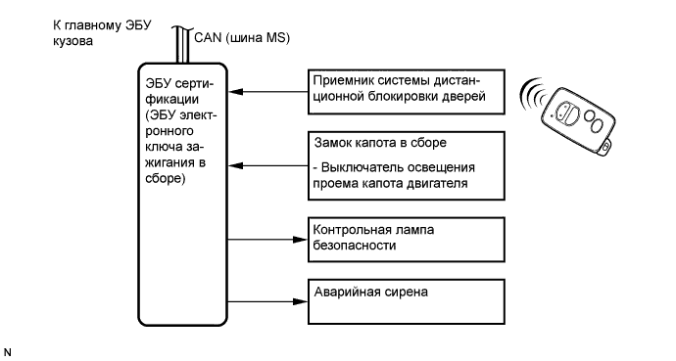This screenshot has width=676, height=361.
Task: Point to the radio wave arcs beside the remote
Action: coord(535,92)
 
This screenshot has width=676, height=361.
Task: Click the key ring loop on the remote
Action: coord(610,147)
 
